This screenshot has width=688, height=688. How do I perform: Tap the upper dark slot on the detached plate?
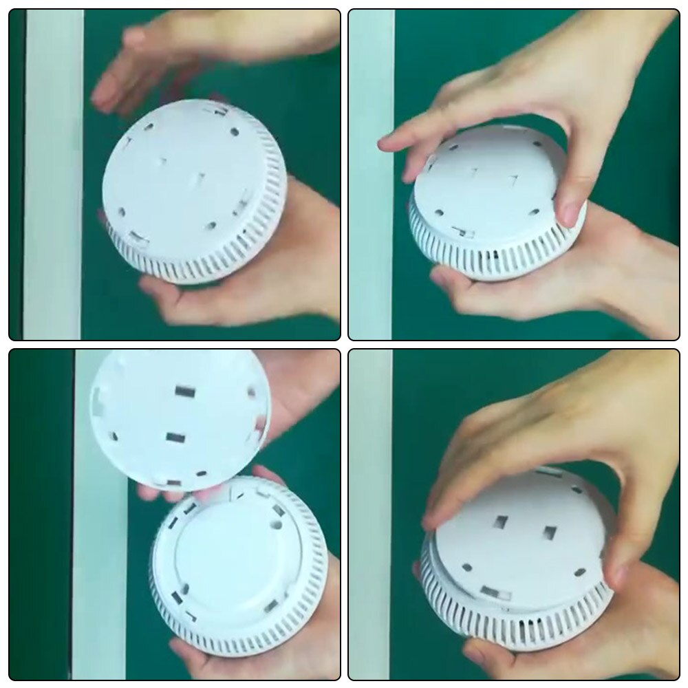coord(184,391)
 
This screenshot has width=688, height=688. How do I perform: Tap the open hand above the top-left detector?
coord(206,55)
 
